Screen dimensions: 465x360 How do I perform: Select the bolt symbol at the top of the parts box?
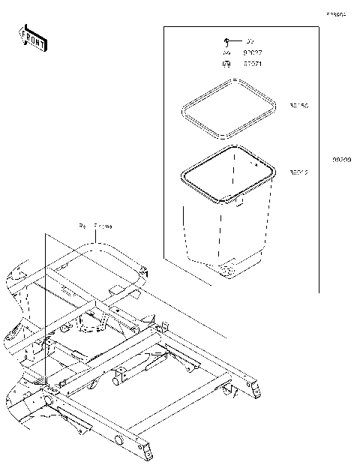(x=226, y=40)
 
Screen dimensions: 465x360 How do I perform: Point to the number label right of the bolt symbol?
(x=250, y=40)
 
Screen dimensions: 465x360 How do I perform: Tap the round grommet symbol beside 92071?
(x=226, y=64)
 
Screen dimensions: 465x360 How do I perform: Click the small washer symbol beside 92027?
(x=226, y=52)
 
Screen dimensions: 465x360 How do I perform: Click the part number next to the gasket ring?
(x=299, y=106)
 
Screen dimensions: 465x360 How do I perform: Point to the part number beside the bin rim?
(x=299, y=172)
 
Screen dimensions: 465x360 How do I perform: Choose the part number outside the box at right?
(x=342, y=160)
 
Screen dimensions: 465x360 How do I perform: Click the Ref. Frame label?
(x=95, y=225)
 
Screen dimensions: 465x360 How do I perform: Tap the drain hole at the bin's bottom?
(x=225, y=268)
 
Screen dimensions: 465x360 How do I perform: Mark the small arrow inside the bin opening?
(x=255, y=163)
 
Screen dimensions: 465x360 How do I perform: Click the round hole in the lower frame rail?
(x=118, y=437)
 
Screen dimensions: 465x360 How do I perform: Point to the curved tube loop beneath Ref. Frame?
(x=97, y=251)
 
